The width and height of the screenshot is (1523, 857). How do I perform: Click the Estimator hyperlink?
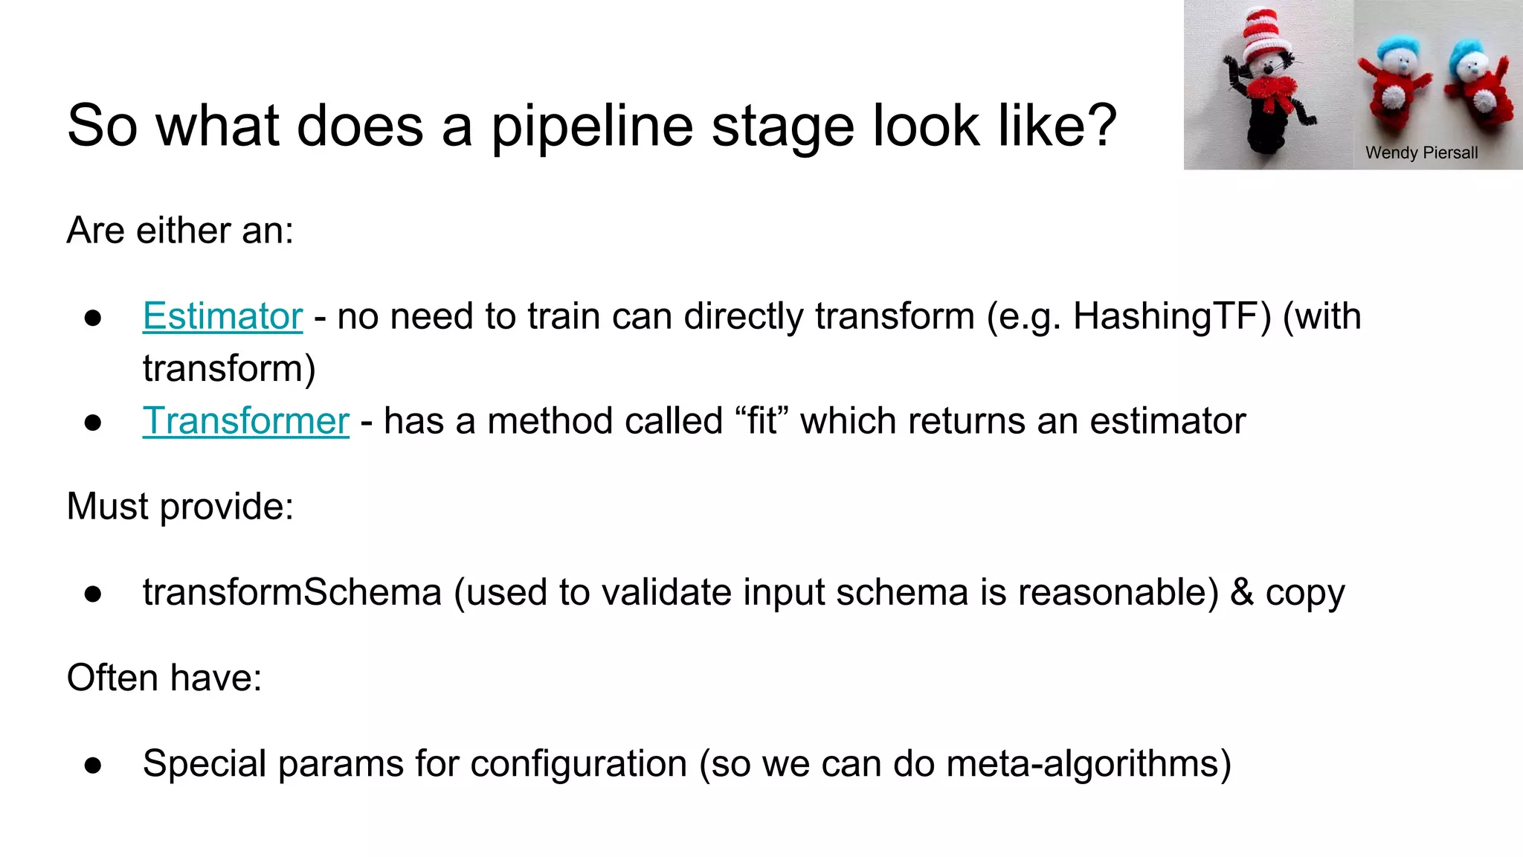222,316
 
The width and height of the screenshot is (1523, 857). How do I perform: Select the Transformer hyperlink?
245,421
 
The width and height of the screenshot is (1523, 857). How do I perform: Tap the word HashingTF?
1172,316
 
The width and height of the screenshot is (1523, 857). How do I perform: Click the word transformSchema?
292,593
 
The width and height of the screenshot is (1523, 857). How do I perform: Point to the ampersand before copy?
1241,593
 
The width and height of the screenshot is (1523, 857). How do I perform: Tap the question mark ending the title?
1100,125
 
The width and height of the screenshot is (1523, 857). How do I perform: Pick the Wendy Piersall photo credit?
1421,153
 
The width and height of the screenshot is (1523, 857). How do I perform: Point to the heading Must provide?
180,507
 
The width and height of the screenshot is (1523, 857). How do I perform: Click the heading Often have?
164,678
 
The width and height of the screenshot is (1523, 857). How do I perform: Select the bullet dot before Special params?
93,765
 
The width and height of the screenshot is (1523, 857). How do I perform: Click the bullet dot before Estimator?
93,318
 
